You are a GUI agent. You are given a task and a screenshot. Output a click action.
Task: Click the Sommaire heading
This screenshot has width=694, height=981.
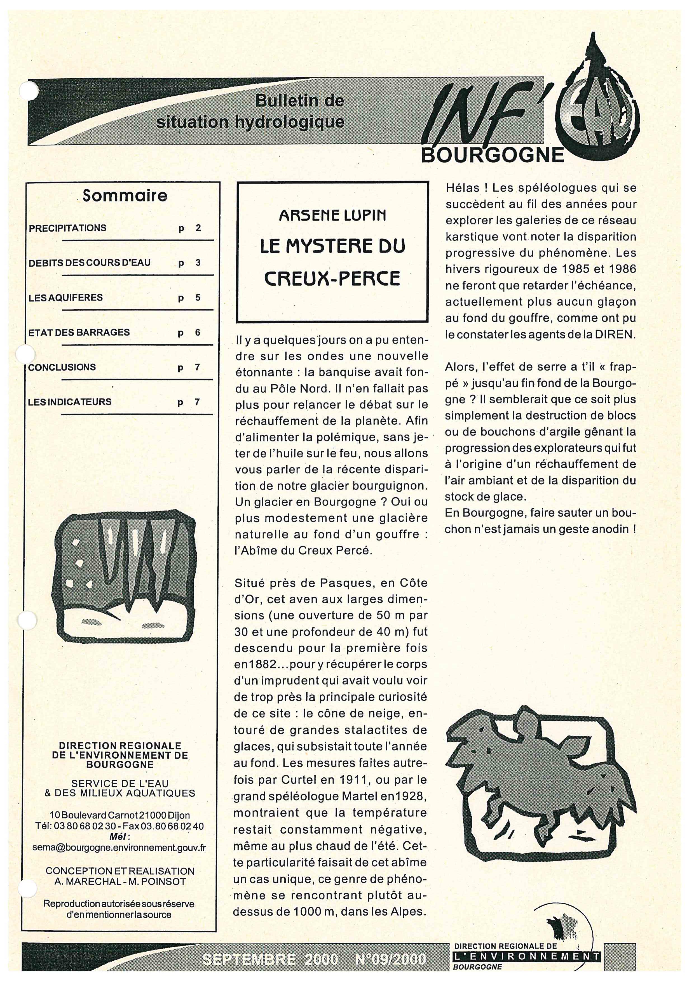pyautogui.click(x=125, y=196)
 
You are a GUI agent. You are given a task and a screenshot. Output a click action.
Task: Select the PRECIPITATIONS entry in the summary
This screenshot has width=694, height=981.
pyautogui.click(x=67, y=228)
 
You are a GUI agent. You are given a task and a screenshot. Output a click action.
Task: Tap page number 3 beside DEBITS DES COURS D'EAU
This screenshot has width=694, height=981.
pyautogui.click(x=198, y=263)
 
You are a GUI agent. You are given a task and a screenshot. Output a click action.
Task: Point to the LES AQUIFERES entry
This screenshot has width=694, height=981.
pyautogui.click(x=66, y=297)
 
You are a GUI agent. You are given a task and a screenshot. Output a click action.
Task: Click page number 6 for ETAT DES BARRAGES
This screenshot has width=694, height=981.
pyautogui.click(x=198, y=332)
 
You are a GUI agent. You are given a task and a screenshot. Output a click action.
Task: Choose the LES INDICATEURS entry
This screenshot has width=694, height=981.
pyautogui.click(x=70, y=402)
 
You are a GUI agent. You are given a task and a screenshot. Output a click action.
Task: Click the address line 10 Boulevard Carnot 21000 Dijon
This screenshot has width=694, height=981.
pyautogui.click(x=120, y=815)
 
